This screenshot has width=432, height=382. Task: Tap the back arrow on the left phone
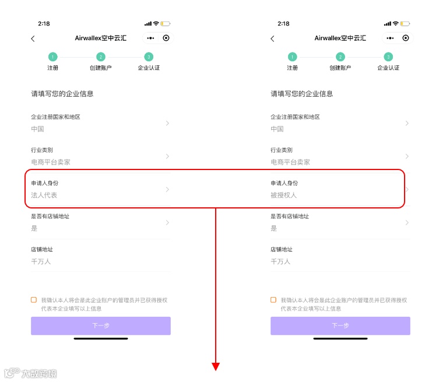[33, 38]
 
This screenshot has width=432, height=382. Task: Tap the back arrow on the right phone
[272, 38]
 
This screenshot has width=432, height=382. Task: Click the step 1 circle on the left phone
[53, 56]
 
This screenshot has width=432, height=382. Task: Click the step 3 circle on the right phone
[388, 56]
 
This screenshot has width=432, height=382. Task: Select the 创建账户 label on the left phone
[101, 68]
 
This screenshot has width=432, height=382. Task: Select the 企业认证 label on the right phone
[388, 68]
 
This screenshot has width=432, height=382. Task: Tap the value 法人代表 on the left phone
[44, 195]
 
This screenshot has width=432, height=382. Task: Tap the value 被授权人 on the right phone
[284, 195]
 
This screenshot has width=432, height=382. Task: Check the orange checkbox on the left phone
[34, 300]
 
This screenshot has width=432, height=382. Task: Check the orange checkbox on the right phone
[273, 300]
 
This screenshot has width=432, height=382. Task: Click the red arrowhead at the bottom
[216, 366]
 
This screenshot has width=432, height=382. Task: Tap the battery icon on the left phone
[166, 23]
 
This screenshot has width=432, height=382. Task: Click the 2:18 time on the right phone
[283, 23]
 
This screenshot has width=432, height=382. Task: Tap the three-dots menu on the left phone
[151, 38]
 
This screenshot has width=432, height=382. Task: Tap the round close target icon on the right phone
[406, 38]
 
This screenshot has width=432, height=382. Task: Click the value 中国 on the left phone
[37, 129]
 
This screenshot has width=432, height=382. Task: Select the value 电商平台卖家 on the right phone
[290, 162]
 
